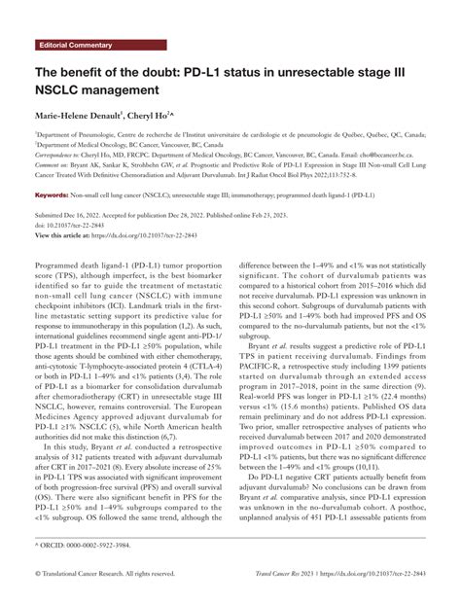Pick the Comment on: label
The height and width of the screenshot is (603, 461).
(x=54, y=165)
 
